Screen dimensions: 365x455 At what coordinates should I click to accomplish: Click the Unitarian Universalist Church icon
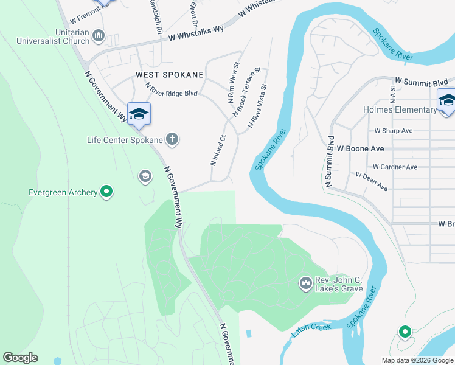click(x=99, y=38)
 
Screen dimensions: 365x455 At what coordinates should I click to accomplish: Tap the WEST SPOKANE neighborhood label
click(x=169, y=75)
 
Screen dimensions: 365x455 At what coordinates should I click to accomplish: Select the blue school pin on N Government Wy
click(x=139, y=114)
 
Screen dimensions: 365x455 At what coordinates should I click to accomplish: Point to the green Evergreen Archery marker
click(x=106, y=192)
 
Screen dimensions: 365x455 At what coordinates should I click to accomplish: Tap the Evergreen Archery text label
click(x=63, y=192)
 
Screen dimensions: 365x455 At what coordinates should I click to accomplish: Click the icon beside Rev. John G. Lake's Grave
click(x=305, y=283)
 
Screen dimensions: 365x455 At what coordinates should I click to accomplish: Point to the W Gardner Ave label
click(x=395, y=167)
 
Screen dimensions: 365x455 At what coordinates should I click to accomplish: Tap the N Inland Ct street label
click(x=218, y=150)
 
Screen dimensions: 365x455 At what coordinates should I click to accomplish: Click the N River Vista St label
click(x=257, y=106)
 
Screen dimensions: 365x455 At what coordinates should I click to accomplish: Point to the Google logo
click(x=20, y=358)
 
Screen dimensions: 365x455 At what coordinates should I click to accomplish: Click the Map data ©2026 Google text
click(x=417, y=360)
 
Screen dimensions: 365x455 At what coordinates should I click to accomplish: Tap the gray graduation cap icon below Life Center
click(x=145, y=176)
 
